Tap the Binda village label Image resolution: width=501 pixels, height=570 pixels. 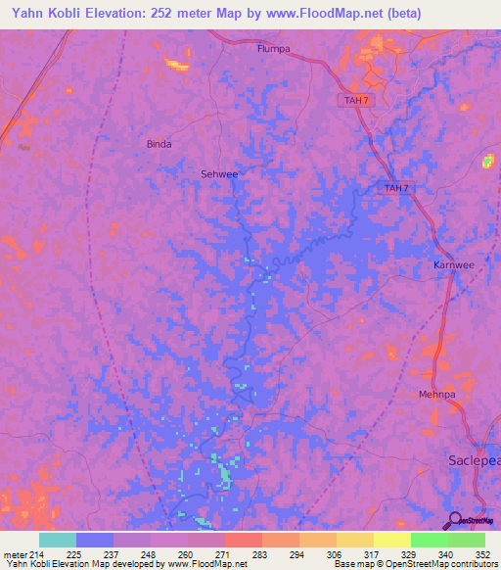[159, 144]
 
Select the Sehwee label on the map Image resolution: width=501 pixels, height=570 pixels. [219, 173]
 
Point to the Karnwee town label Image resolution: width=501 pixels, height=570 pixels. [453, 265]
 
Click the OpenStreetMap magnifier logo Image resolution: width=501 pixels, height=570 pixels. [452, 520]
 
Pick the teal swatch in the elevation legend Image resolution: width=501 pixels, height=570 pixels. [58, 540]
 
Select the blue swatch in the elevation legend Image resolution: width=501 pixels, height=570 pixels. [95, 540]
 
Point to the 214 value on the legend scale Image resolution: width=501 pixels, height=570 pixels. [37, 554]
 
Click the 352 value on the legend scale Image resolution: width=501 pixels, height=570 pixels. [483, 554]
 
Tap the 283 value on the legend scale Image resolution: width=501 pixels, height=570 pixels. [261, 554]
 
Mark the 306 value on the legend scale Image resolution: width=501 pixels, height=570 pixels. [336, 554]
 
